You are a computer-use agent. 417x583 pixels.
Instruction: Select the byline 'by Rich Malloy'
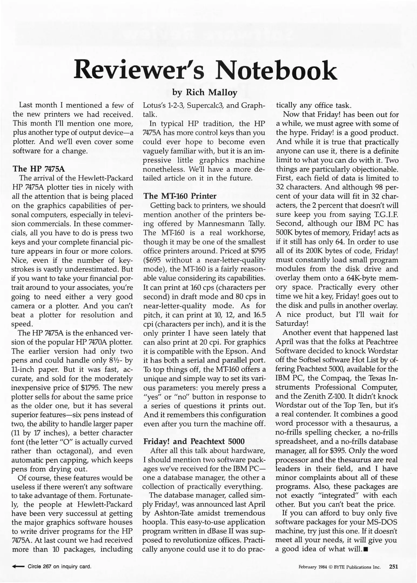205,93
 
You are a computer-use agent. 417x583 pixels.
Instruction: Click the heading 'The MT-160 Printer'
180,196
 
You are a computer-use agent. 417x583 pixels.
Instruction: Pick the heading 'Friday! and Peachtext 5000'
194,441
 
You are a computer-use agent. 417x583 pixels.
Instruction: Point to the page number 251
394,567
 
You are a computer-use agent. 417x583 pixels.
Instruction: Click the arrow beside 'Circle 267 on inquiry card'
18,567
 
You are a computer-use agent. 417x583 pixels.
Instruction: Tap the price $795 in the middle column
258,251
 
